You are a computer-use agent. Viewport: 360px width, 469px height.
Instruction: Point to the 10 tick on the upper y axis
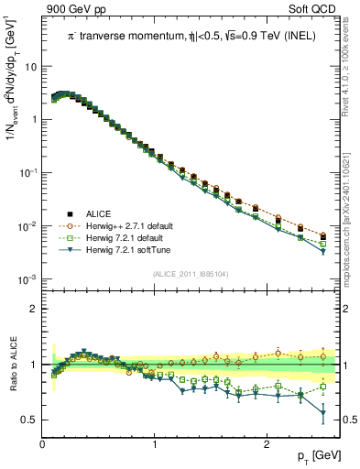[30, 67]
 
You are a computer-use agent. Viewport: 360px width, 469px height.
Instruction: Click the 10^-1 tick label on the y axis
[28, 173]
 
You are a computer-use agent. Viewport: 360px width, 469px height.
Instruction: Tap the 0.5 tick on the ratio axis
[30, 420]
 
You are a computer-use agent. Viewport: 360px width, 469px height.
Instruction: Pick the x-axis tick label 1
[155, 444]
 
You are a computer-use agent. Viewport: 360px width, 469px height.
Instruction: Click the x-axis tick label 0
[43, 444]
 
